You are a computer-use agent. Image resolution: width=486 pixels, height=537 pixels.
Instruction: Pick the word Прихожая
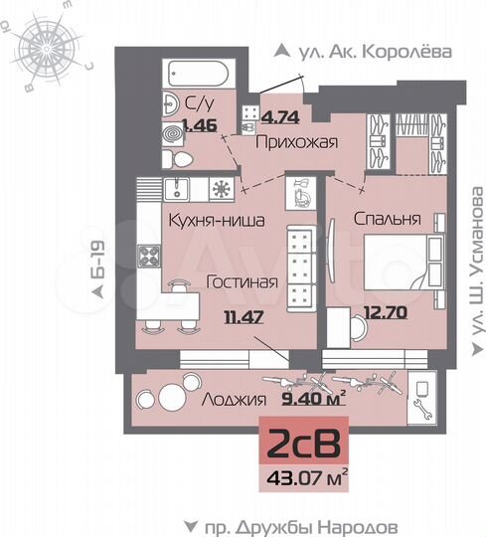coord(297,143)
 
